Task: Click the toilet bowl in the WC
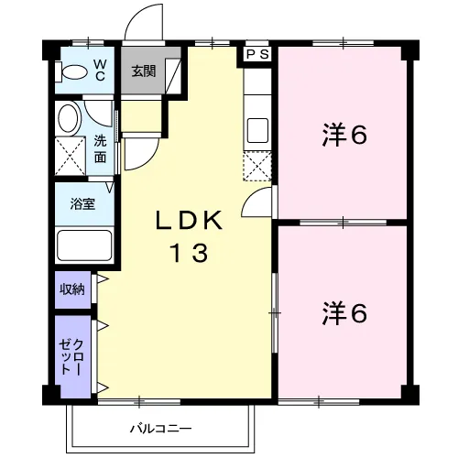coord(72,72)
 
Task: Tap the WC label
coord(100,71)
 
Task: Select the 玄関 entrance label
coord(144,71)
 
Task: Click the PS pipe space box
coord(257,54)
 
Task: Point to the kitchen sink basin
coord(257,130)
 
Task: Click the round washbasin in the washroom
coord(70,118)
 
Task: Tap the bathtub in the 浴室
coord(84,245)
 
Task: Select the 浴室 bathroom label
coord(82,204)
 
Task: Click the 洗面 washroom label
coord(100,148)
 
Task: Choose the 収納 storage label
coord(72,289)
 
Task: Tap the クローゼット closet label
coord(71,356)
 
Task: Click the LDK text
coord(189,220)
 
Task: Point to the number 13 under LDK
coord(190,253)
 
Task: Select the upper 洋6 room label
coord(344,135)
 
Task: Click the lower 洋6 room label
coord(344,313)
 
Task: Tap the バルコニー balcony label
coord(161,429)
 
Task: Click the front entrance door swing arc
coord(136,12)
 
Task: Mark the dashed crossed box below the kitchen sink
coord(257,166)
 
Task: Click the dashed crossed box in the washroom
coord(71,156)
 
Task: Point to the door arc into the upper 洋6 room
coord(250,195)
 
